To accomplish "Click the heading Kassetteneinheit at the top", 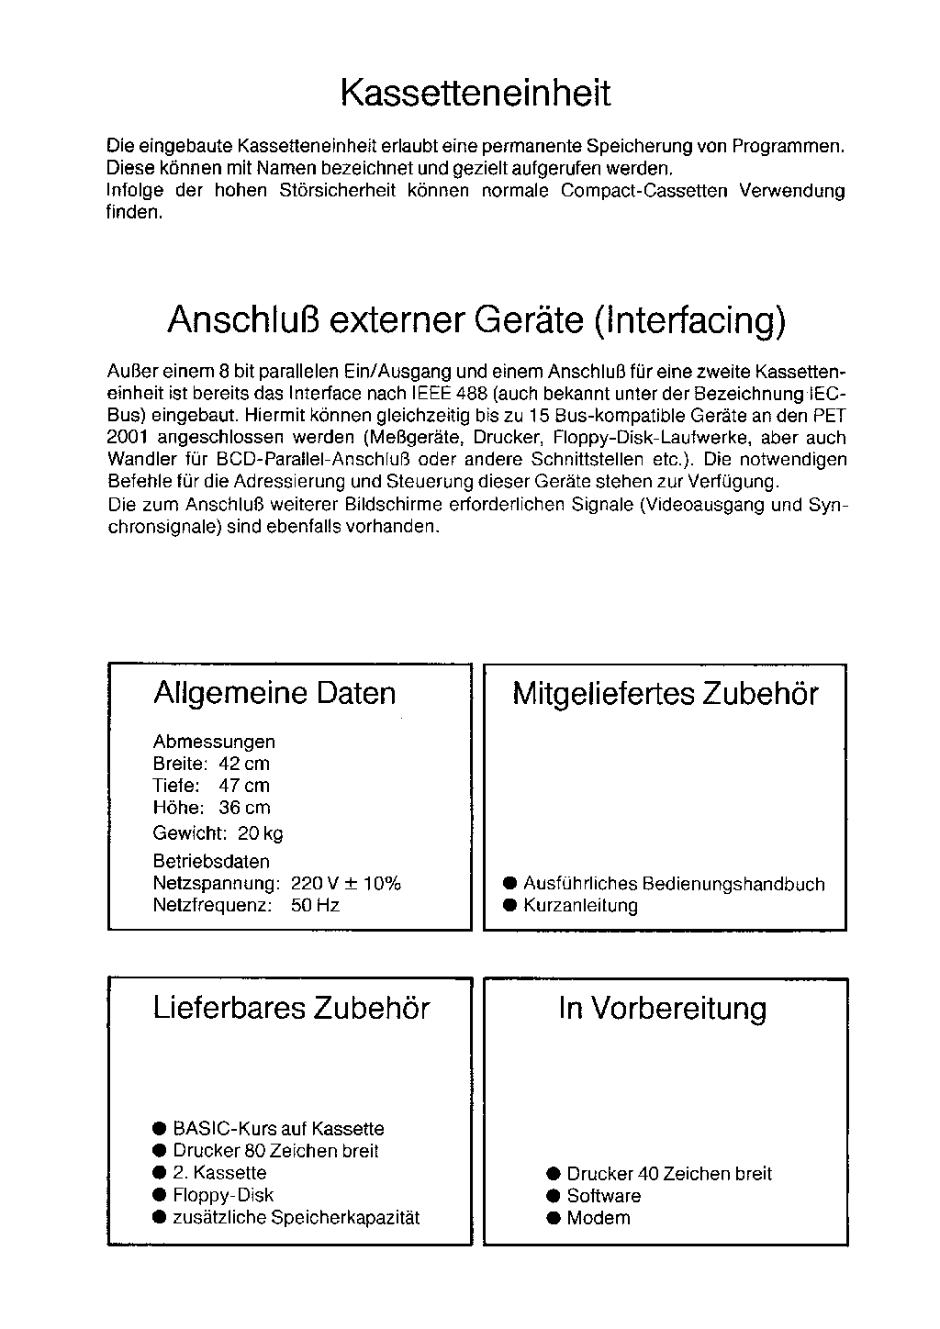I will [475, 94].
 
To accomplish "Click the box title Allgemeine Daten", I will [274, 693].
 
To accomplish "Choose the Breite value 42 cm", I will [244, 764].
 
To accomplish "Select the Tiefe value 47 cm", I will [244, 786].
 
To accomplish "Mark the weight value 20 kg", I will [261, 833].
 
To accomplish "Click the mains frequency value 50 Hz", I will [315, 906].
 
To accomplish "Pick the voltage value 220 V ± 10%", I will [345, 884].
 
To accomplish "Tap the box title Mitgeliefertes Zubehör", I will [665, 694].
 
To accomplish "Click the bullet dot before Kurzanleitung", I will [510, 906].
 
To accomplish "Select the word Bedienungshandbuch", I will [733, 884].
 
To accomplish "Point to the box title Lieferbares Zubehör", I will [291, 1009].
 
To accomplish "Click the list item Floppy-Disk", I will [223, 1195].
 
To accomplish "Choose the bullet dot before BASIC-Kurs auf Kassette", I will [160, 1129].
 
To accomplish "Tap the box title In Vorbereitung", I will [662, 1009].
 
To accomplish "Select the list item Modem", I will [599, 1218].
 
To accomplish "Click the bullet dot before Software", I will [553, 1196].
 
